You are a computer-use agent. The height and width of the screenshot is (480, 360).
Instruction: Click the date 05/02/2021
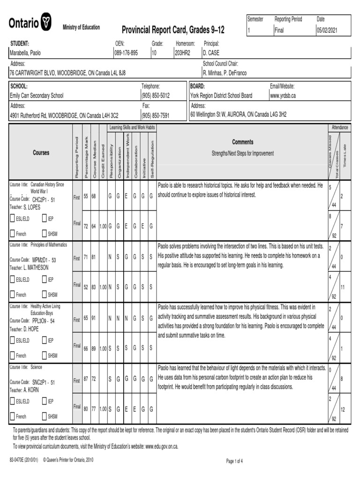(327, 30)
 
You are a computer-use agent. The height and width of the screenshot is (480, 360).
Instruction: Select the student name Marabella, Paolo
(25, 53)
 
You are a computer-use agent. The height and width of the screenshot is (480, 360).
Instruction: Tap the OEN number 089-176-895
(127, 53)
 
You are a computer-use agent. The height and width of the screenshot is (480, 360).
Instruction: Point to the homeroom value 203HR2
(182, 53)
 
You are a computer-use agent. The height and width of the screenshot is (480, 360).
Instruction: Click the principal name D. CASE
(211, 53)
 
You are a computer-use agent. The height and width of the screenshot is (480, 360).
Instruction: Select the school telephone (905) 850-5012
(156, 95)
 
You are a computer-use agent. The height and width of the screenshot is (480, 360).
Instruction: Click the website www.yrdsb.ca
(283, 95)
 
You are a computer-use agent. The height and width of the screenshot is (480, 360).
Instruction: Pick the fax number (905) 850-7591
(156, 115)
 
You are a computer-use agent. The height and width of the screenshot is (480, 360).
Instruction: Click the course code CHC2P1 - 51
(44, 200)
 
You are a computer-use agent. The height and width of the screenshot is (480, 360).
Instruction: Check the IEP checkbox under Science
(45, 401)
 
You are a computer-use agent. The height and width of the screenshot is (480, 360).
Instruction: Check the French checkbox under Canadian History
(13, 233)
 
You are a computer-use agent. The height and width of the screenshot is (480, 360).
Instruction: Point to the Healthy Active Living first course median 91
(93, 318)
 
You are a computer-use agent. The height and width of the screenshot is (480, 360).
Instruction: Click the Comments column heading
(242, 142)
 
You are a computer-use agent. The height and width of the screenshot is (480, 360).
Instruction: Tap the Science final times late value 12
(343, 409)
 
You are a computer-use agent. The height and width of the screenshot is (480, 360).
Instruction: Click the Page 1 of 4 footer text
(234, 461)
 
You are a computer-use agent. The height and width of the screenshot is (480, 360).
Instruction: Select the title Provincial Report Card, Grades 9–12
(173, 30)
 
